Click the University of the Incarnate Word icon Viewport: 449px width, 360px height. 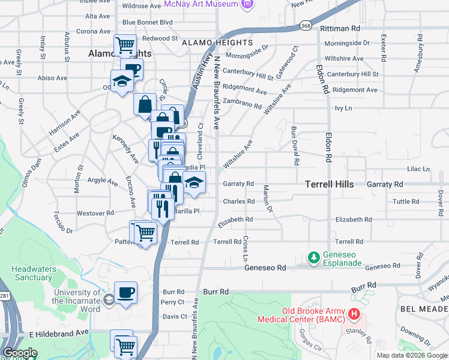point(109,299)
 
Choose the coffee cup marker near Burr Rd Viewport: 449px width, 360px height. point(126,293)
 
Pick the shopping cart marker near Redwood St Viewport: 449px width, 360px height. point(125,45)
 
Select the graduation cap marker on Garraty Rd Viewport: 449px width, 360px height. point(194,182)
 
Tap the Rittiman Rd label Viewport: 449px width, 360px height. point(340,28)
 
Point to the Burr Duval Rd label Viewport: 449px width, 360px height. point(295,146)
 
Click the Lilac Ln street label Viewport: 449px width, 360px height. point(419,170)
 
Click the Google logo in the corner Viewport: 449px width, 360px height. point(20,353)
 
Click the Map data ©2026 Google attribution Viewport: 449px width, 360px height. point(412,355)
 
